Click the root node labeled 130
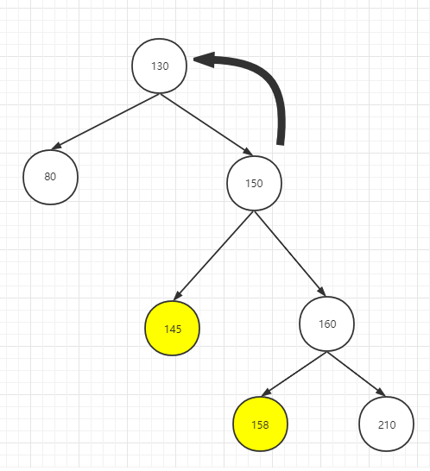160,66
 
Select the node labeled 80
51,177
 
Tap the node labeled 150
254,183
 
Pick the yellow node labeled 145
173,328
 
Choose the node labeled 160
326,323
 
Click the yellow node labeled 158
261,424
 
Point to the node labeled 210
386,424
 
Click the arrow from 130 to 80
105,122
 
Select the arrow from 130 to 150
206,124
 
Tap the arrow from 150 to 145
214,255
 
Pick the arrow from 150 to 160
289,254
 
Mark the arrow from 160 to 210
356,374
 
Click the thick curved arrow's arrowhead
204,60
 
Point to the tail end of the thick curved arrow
281,144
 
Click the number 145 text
173,330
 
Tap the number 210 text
387,424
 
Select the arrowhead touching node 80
56,147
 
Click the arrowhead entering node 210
381,392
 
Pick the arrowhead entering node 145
177,296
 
